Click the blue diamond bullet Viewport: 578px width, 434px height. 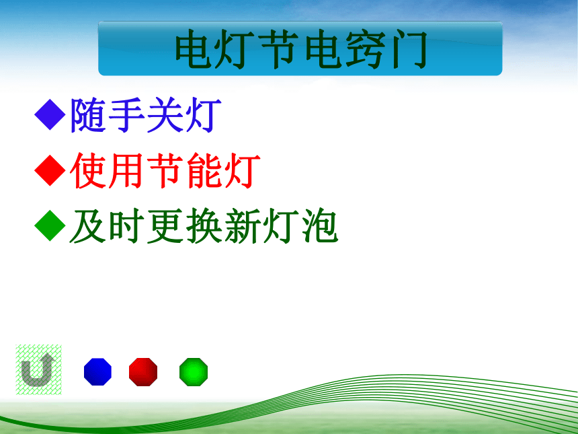click(x=50, y=114)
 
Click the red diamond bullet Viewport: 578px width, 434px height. click(x=50, y=170)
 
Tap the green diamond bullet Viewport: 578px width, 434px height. click(x=50, y=225)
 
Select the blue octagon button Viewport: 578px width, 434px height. click(x=97, y=371)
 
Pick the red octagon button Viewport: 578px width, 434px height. click(x=143, y=371)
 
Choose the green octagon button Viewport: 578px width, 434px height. click(x=194, y=371)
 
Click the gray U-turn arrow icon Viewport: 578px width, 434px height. click(x=37, y=370)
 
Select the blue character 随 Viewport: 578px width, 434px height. click(x=88, y=115)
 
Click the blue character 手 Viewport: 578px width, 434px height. click(x=126, y=115)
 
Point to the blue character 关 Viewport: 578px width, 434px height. click(x=165, y=115)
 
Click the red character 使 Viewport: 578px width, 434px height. click(x=88, y=170)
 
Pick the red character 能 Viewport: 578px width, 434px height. click(x=204, y=170)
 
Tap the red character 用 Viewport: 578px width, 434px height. click(x=126, y=170)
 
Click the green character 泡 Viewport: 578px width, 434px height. click(x=319, y=226)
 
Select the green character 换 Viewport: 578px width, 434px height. click(x=204, y=226)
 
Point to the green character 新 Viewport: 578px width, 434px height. click(x=242, y=226)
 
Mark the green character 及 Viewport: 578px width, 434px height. click(x=88, y=226)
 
